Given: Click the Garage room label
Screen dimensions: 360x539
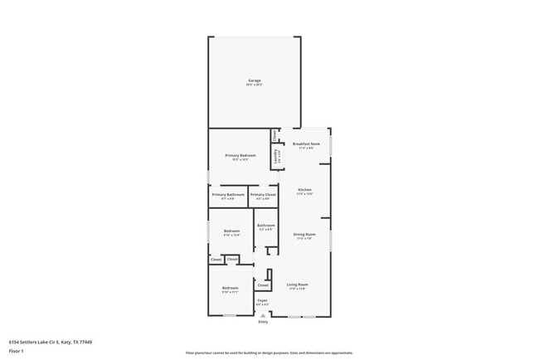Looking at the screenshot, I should [254, 80].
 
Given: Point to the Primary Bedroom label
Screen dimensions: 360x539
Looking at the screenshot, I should [240, 156].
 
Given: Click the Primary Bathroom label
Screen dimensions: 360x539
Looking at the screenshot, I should [228, 195].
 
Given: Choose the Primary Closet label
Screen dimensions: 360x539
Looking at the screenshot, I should [263, 195].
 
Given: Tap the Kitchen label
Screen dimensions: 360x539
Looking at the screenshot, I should [305, 190].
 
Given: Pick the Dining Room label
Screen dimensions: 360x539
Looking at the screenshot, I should [304, 235].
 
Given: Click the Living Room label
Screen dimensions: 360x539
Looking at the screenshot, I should [298, 285].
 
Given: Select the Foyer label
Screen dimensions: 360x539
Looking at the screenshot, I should [262, 300].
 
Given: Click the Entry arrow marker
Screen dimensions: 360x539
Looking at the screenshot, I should [263, 316].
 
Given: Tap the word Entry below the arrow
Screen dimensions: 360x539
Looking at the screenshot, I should [263, 322].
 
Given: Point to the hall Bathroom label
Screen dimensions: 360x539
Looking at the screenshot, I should [265, 226].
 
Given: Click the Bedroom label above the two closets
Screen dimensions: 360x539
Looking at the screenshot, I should [231, 231].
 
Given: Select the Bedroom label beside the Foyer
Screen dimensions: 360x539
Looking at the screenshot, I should [230, 288].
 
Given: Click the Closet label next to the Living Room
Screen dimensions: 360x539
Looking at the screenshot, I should [263, 285].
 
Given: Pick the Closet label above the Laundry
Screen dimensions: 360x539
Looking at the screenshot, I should [274, 134].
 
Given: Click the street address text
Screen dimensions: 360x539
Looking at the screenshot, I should [51, 342].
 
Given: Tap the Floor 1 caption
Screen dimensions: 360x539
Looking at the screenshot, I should [17, 351].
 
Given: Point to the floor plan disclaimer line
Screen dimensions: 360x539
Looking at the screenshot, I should [269, 353].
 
